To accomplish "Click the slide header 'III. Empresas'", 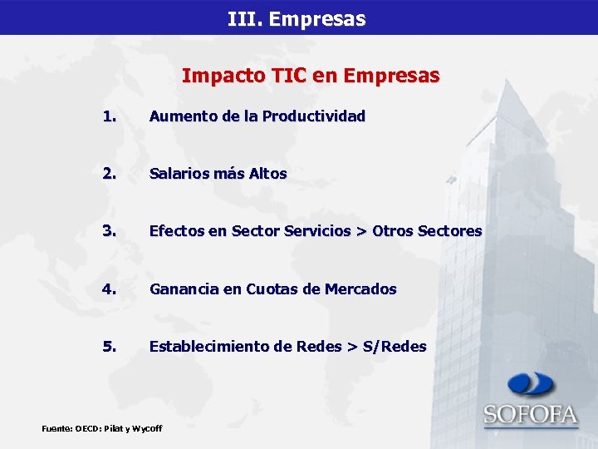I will click(x=297, y=18).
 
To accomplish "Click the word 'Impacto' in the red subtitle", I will click(x=214, y=76).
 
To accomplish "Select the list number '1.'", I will click(x=109, y=116).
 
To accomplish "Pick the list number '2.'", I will click(x=109, y=174).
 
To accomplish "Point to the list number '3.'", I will click(x=109, y=231).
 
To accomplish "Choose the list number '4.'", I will click(x=109, y=289).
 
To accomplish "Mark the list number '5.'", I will click(x=109, y=346).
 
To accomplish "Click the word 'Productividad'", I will click(x=313, y=116).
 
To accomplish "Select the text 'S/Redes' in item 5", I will click(x=395, y=346).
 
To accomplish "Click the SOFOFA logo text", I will click(x=531, y=414).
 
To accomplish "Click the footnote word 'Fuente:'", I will click(x=56, y=428).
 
